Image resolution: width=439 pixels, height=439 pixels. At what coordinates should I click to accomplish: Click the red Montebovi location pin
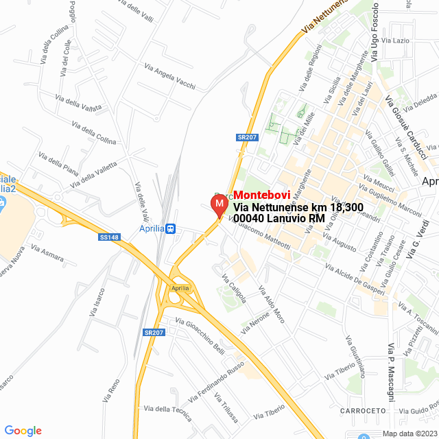[219, 205]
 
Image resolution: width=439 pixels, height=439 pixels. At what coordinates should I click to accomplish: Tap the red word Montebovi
[263, 195]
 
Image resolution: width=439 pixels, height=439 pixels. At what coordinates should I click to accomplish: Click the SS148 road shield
[108, 237]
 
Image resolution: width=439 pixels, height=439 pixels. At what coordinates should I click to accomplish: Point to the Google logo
[23, 430]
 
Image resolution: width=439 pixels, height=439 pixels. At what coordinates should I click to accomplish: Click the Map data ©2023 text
[409, 434]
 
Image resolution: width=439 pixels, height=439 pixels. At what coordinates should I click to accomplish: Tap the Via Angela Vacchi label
[169, 77]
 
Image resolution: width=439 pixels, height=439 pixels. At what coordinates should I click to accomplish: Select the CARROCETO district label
[361, 410]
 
